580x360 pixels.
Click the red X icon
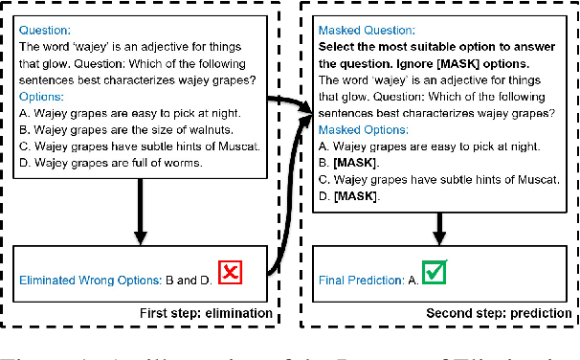[x=230, y=274]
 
